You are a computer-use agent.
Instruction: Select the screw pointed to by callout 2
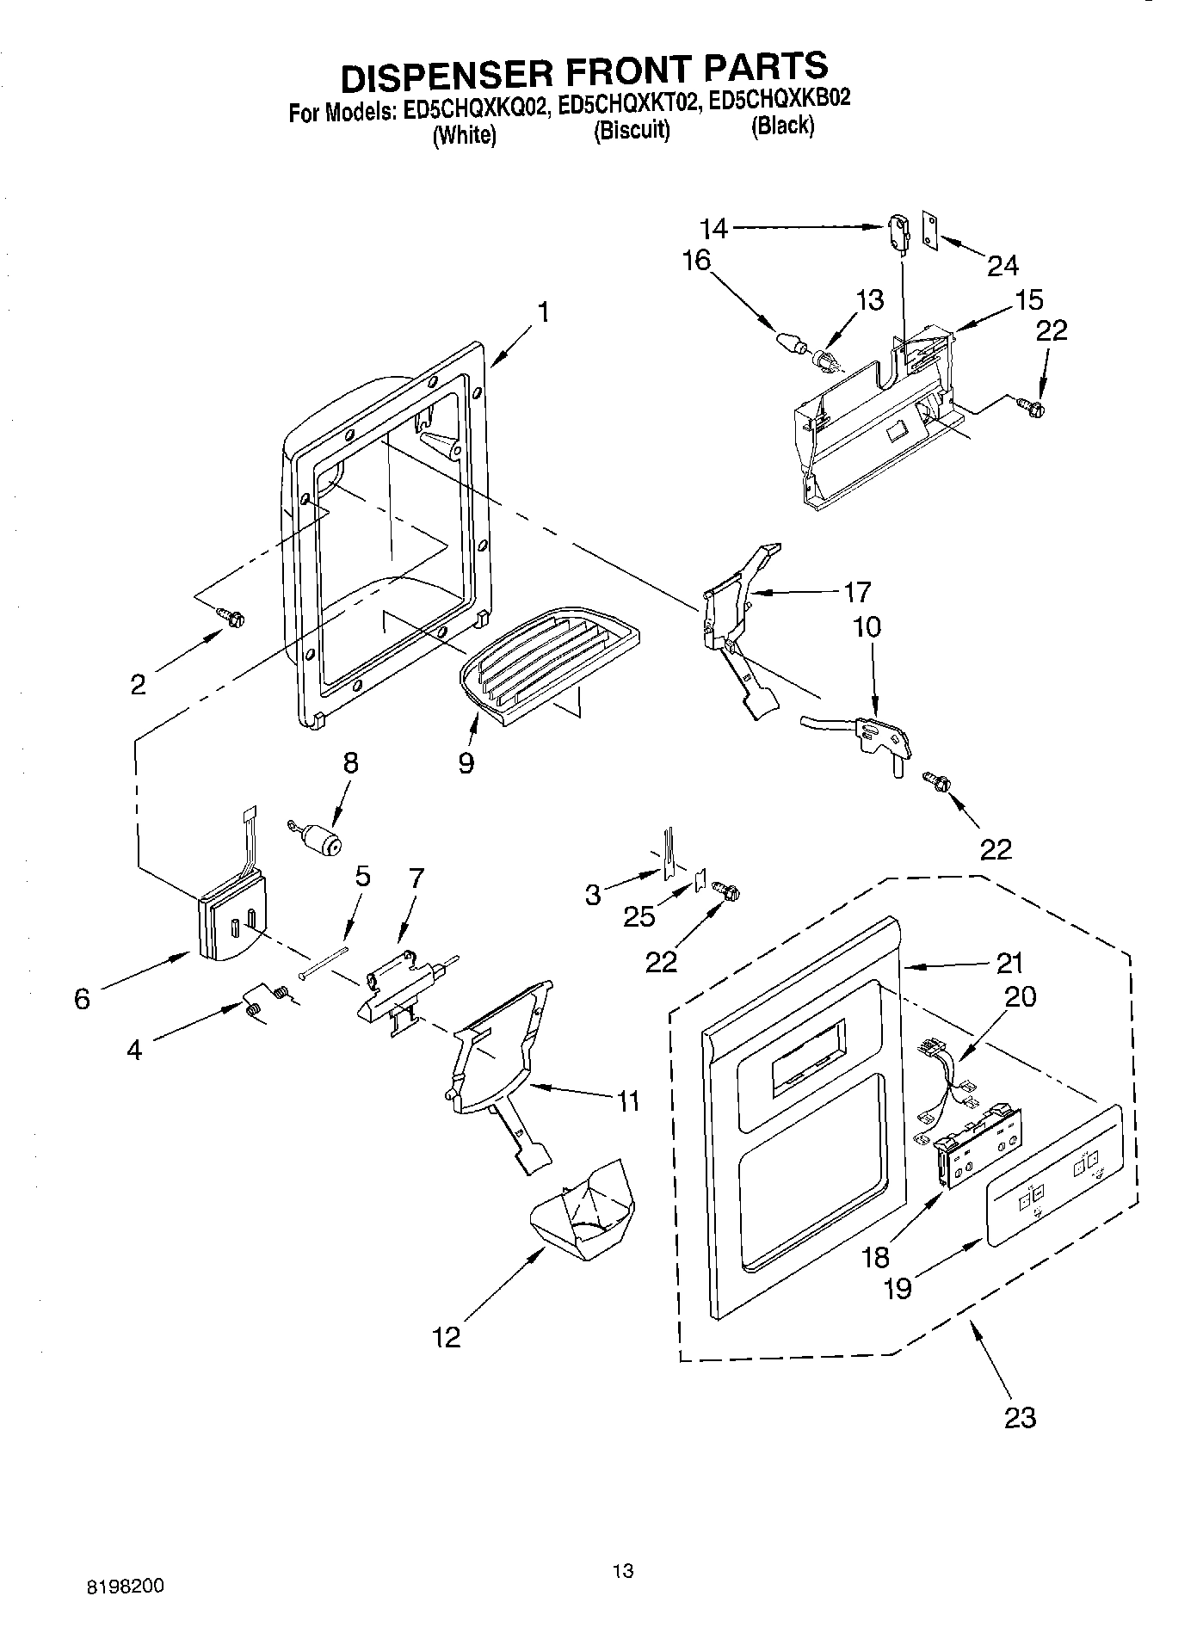pyautogui.click(x=232, y=617)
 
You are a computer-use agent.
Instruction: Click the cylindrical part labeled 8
pyautogui.click(x=321, y=839)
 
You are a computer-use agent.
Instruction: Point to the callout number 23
pyautogui.click(x=1020, y=1416)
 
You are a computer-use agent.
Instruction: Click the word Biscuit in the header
pyautogui.click(x=632, y=130)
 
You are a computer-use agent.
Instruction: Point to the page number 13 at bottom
pyautogui.click(x=622, y=1570)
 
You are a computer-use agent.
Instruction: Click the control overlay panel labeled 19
pyautogui.click(x=1055, y=1176)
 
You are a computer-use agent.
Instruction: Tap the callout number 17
pyautogui.click(x=857, y=591)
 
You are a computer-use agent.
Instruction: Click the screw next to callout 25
pyautogui.click(x=725, y=894)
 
